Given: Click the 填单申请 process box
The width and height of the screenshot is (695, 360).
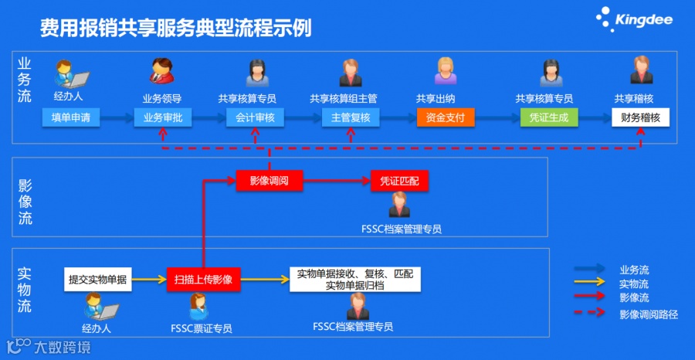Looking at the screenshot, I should click(x=71, y=118).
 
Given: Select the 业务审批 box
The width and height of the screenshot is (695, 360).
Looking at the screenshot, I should click(x=162, y=118).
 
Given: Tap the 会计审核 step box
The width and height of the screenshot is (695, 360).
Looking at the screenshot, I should click(x=256, y=118).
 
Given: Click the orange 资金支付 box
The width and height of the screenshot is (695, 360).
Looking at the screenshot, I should click(x=446, y=118).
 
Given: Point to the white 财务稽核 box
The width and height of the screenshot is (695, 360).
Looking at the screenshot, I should click(x=640, y=118).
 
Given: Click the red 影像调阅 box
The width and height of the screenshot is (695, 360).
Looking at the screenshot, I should click(x=269, y=181).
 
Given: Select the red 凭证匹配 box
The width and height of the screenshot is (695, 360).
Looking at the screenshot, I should click(x=399, y=181).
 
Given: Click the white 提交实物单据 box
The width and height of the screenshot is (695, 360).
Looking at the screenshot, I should click(x=97, y=279).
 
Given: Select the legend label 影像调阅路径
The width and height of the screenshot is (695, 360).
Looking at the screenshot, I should click(x=648, y=314).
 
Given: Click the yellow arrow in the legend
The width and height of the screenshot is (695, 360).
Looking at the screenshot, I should click(x=593, y=284).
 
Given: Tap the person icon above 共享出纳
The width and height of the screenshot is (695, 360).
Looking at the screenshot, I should click(x=446, y=71).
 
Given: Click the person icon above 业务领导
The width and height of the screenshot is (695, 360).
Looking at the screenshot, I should click(x=161, y=71).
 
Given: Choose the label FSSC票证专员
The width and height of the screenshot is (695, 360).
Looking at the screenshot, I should click(x=202, y=328).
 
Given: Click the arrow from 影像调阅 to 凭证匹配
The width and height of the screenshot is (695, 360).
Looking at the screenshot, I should click(x=336, y=181).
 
